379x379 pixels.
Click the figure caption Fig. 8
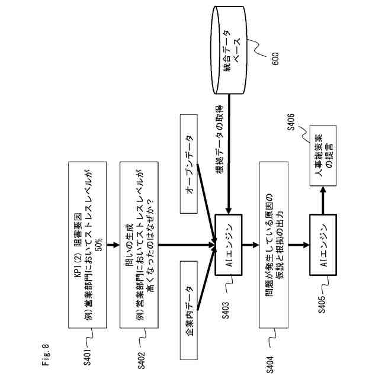[x=46, y=351]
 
